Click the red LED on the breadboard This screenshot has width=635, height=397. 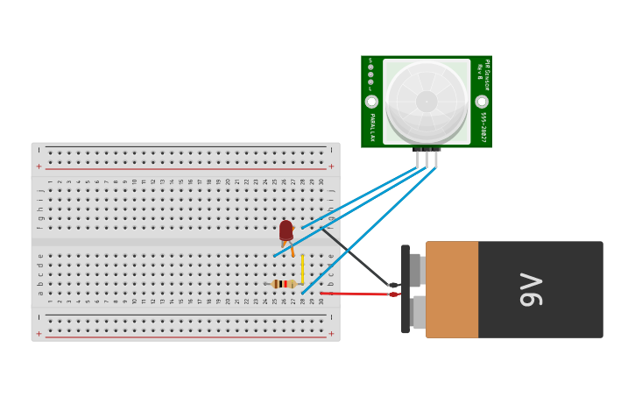pyautogui.click(x=286, y=230)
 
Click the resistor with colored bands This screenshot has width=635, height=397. pyautogui.click(x=283, y=284)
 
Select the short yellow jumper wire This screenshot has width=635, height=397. pyautogui.click(x=302, y=269)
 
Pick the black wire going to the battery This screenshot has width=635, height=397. pyautogui.click(x=355, y=258)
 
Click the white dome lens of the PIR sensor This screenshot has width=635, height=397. pyautogui.click(x=427, y=101)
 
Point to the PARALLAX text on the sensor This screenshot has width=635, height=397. pyautogui.click(x=371, y=127)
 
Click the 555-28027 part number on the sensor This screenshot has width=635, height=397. pyautogui.click(x=483, y=127)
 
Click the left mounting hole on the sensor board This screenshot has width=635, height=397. pyautogui.click(x=371, y=102)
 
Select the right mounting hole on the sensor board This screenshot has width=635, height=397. pyautogui.click(x=482, y=102)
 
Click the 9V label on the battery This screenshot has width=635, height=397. pyautogui.click(x=531, y=290)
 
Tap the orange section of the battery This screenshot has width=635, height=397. pyautogui.click(x=452, y=290)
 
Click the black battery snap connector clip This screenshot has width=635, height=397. pyautogui.click(x=406, y=289)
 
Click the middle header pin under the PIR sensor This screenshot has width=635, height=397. pyautogui.click(x=427, y=158)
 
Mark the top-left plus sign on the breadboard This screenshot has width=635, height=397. pyautogui.click(x=39, y=167)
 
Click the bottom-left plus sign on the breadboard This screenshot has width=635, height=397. pyautogui.click(x=39, y=333)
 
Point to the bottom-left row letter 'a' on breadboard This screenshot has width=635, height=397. pyautogui.click(x=40, y=284)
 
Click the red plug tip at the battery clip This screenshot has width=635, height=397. pyautogui.click(x=393, y=294)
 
